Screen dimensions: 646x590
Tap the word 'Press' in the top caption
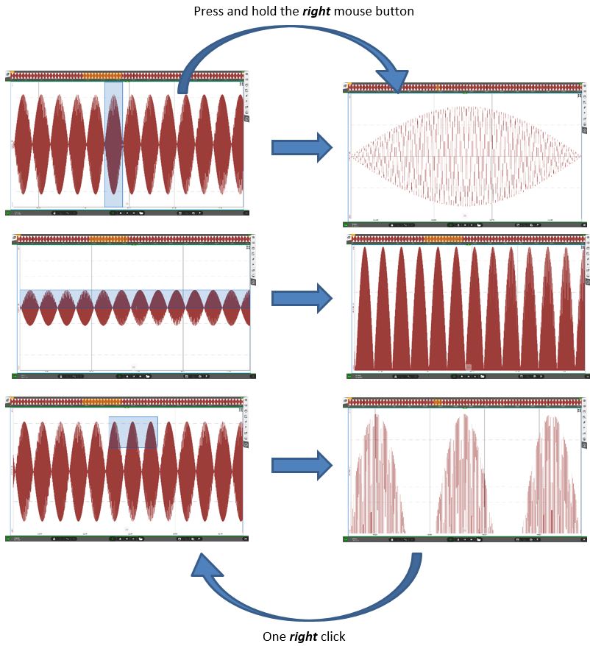tap(208, 12)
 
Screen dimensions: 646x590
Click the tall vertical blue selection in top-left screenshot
tap(113, 144)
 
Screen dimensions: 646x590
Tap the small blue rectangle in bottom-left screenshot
tap(133, 432)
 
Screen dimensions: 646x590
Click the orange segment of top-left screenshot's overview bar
tap(102, 75)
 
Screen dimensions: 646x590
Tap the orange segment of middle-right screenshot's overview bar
tap(444, 238)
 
